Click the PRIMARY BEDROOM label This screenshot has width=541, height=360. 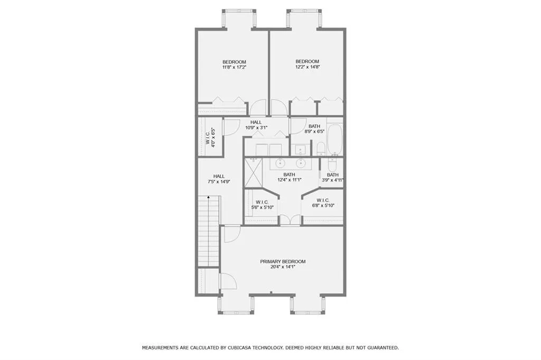[x=283, y=262]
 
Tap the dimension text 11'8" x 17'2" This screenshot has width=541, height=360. [x=234, y=68]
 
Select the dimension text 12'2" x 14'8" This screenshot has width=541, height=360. [x=307, y=68]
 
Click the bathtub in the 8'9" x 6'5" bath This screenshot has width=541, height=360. [x=334, y=138]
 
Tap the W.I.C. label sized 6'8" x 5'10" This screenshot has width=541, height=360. [x=322, y=203]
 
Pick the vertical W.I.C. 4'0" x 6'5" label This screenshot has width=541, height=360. [x=210, y=137]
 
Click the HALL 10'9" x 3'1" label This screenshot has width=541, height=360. [x=256, y=125]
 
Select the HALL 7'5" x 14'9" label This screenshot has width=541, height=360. [x=219, y=179]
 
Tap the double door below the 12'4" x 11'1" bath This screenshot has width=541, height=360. [x=290, y=220]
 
